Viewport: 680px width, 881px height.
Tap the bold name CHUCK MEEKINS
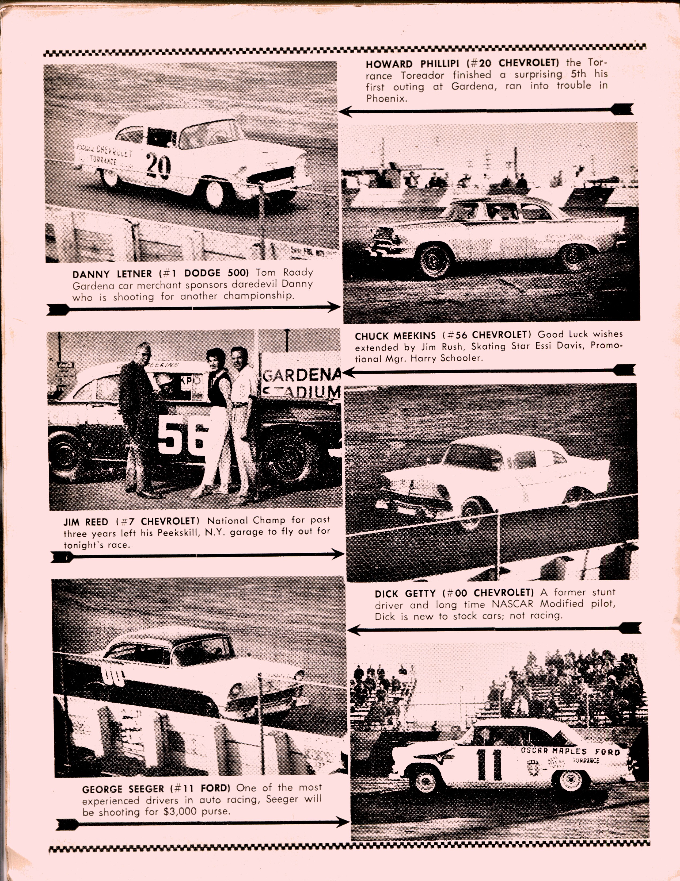coord(395,336)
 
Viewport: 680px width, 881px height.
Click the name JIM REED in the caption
coord(86,522)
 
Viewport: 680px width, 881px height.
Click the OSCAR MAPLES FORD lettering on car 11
coord(570,751)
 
